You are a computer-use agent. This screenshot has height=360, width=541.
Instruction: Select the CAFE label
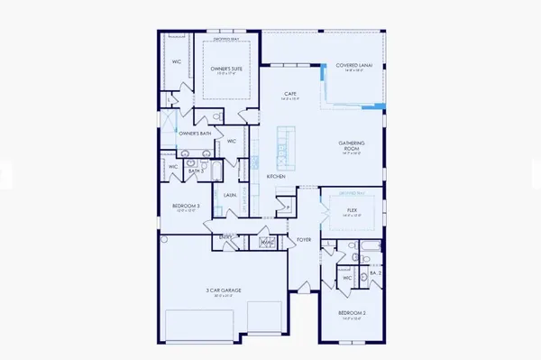(290, 93)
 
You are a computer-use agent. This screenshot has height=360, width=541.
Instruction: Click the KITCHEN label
(276, 176)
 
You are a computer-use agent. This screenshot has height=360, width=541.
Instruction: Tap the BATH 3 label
(197, 169)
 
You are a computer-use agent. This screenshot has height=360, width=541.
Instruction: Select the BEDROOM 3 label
(188, 208)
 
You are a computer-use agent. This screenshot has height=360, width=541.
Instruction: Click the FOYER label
(303, 239)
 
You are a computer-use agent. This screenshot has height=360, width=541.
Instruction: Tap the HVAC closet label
(267, 241)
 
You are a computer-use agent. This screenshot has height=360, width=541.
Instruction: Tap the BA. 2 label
(376, 272)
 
